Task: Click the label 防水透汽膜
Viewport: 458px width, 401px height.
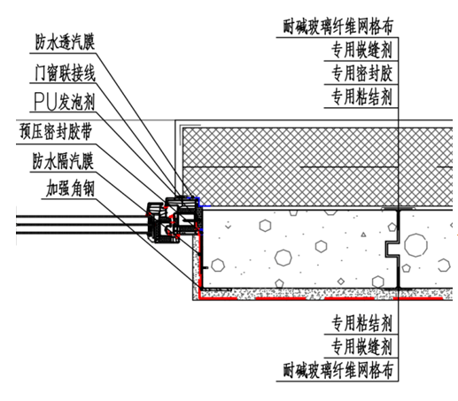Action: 65,42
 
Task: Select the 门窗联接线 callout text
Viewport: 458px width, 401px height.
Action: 65,73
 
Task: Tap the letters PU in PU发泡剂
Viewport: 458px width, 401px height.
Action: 45,102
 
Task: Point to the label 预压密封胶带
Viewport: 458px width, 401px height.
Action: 56,131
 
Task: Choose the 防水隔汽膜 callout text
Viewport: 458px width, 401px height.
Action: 63,161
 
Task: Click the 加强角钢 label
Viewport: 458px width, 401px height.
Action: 70,189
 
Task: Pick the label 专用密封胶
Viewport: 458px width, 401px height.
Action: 361,73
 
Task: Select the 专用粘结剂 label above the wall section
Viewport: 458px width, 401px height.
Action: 361,96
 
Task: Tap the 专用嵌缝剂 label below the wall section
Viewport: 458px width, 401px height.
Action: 361,347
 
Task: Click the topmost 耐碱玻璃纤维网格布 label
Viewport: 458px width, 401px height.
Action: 338,27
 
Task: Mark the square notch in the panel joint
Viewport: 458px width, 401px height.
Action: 392,249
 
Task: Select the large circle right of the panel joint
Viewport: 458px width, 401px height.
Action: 415,245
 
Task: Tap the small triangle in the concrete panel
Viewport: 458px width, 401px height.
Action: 363,235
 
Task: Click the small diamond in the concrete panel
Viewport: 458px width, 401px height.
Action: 341,281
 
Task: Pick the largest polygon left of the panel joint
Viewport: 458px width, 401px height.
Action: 283,258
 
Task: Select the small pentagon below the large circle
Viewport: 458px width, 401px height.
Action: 407,268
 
